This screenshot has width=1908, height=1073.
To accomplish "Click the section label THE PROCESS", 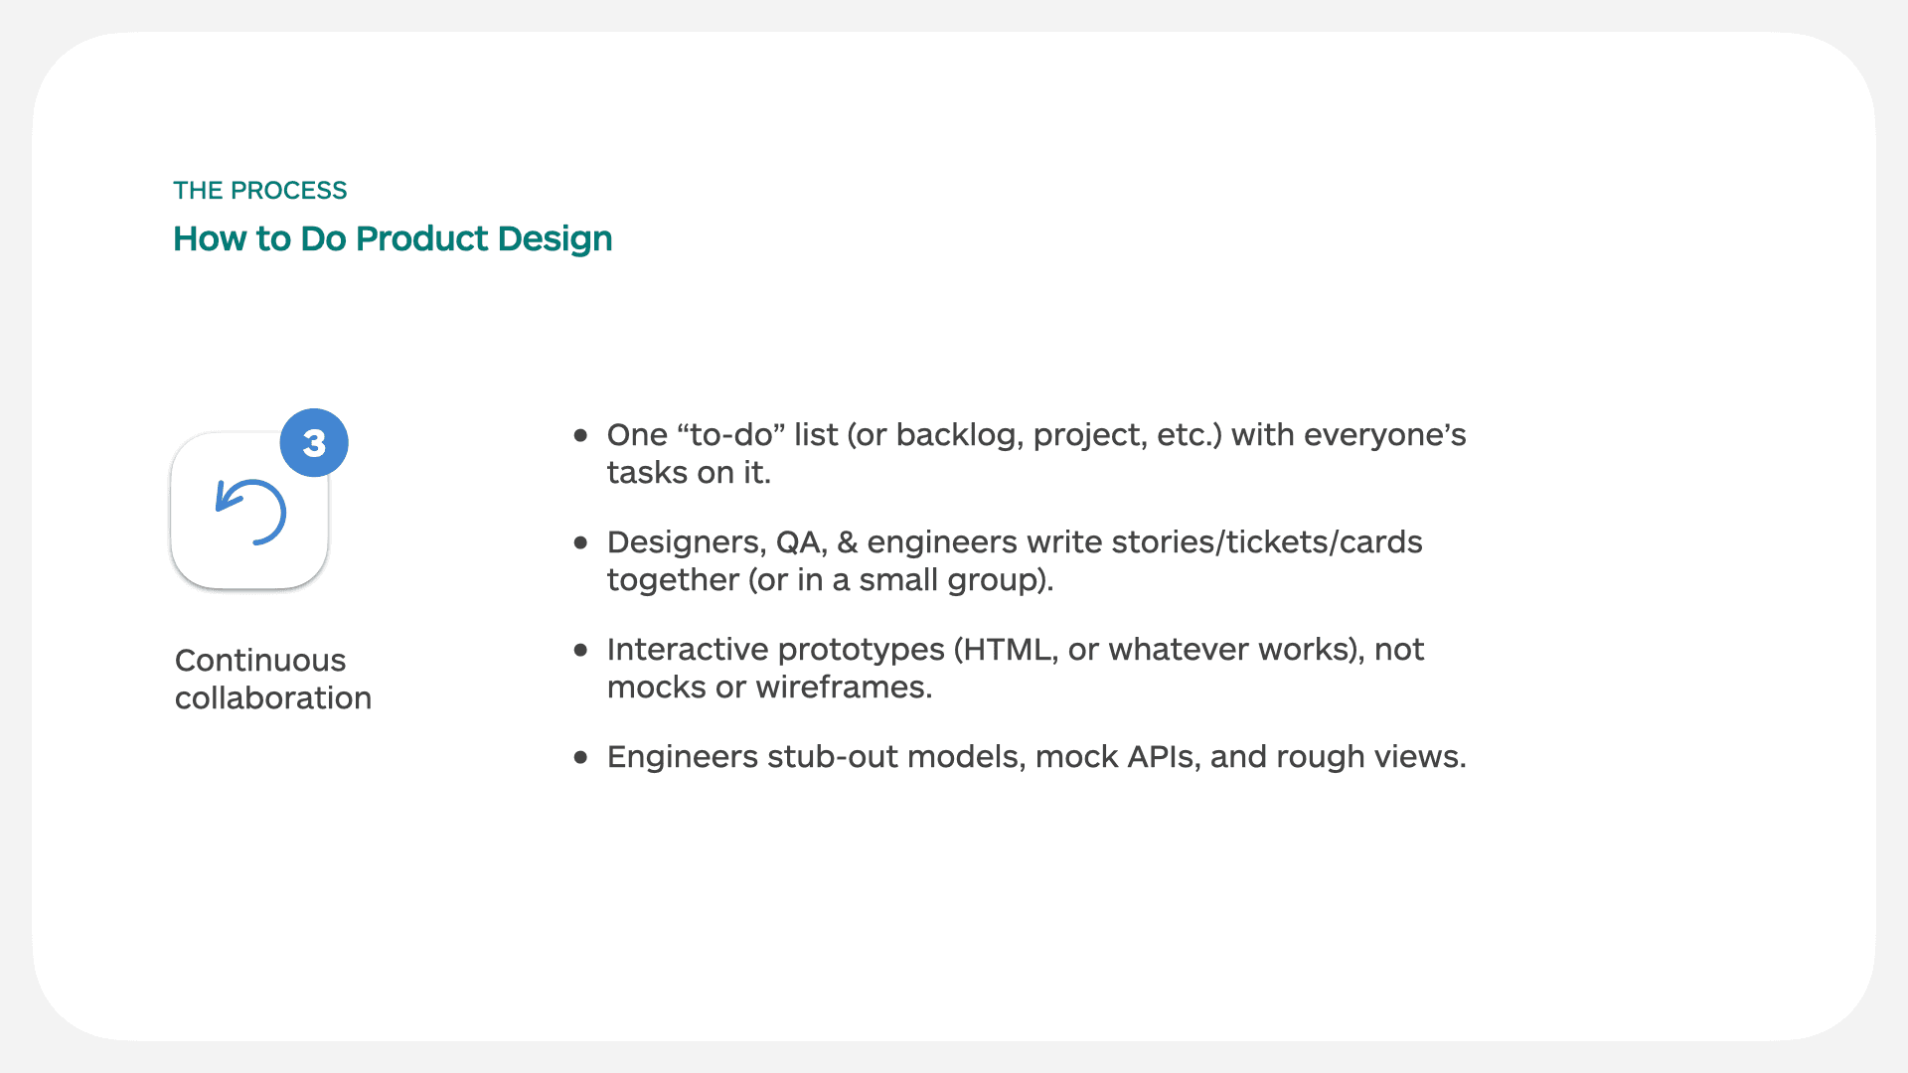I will click(259, 190).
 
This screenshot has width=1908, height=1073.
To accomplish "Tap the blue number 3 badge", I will click(314, 443).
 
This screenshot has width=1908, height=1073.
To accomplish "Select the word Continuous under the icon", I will click(260, 661).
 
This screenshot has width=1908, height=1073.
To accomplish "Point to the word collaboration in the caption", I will click(273, 698).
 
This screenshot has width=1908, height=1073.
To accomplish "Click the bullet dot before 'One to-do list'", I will click(581, 435).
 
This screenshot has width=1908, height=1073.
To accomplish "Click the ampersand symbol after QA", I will click(847, 542).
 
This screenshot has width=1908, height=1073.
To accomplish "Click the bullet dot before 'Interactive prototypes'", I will click(581, 650).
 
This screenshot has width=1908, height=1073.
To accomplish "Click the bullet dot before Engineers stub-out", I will click(581, 757).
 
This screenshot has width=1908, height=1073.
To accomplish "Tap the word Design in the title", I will click(555, 238).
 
